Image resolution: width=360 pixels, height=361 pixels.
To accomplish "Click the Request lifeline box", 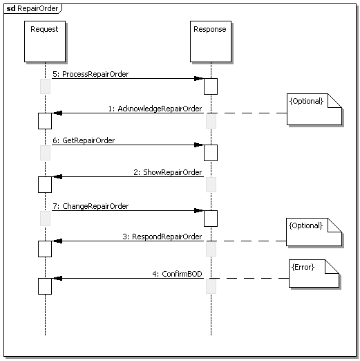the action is click(x=45, y=41).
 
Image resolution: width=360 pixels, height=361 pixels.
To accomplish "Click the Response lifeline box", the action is click(x=211, y=41).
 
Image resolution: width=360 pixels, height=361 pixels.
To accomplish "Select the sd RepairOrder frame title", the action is click(x=32, y=8).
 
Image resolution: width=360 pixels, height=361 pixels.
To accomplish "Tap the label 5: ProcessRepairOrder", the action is click(x=91, y=74).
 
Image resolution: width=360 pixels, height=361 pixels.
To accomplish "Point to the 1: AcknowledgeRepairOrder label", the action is click(x=155, y=109).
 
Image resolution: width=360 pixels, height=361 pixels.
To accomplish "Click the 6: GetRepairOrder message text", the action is click(x=84, y=140).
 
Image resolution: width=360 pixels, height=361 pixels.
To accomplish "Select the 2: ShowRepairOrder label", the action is click(x=168, y=172).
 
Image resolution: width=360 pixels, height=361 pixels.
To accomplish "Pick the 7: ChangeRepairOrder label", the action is click(x=91, y=206).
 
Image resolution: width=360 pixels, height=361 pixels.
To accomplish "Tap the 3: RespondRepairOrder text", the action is click(x=162, y=237).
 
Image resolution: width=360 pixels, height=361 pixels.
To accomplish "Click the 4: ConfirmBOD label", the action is click(x=177, y=274).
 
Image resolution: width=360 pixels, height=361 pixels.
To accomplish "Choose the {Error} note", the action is click(x=314, y=273).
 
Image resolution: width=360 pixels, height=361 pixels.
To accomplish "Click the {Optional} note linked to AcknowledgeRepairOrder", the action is click(x=314, y=109).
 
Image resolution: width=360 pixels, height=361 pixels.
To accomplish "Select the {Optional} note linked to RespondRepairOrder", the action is click(x=314, y=232).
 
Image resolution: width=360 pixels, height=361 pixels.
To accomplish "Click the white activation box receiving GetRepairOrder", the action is click(x=211, y=153).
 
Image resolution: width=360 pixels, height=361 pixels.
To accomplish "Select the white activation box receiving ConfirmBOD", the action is click(x=45, y=286).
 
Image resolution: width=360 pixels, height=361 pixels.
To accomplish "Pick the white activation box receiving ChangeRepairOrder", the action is click(x=211, y=219).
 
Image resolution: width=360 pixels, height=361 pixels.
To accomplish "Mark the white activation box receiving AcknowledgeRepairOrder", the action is click(x=45, y=121).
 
